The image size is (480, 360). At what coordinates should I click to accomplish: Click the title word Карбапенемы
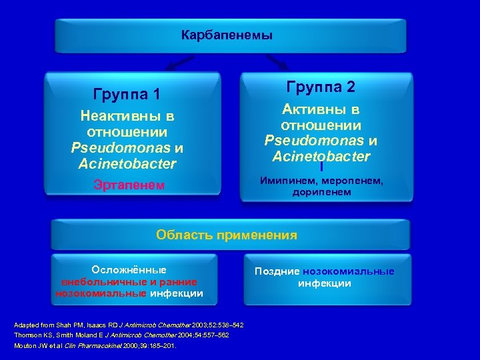[x=227, y=35]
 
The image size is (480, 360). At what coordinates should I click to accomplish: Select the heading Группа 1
[x=127, y=94]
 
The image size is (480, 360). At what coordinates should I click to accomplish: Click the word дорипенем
[x=321, y=193]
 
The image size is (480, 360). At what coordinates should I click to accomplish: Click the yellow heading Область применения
[x=227, y=235]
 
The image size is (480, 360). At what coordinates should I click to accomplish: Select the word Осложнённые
[x=129, y=270]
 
